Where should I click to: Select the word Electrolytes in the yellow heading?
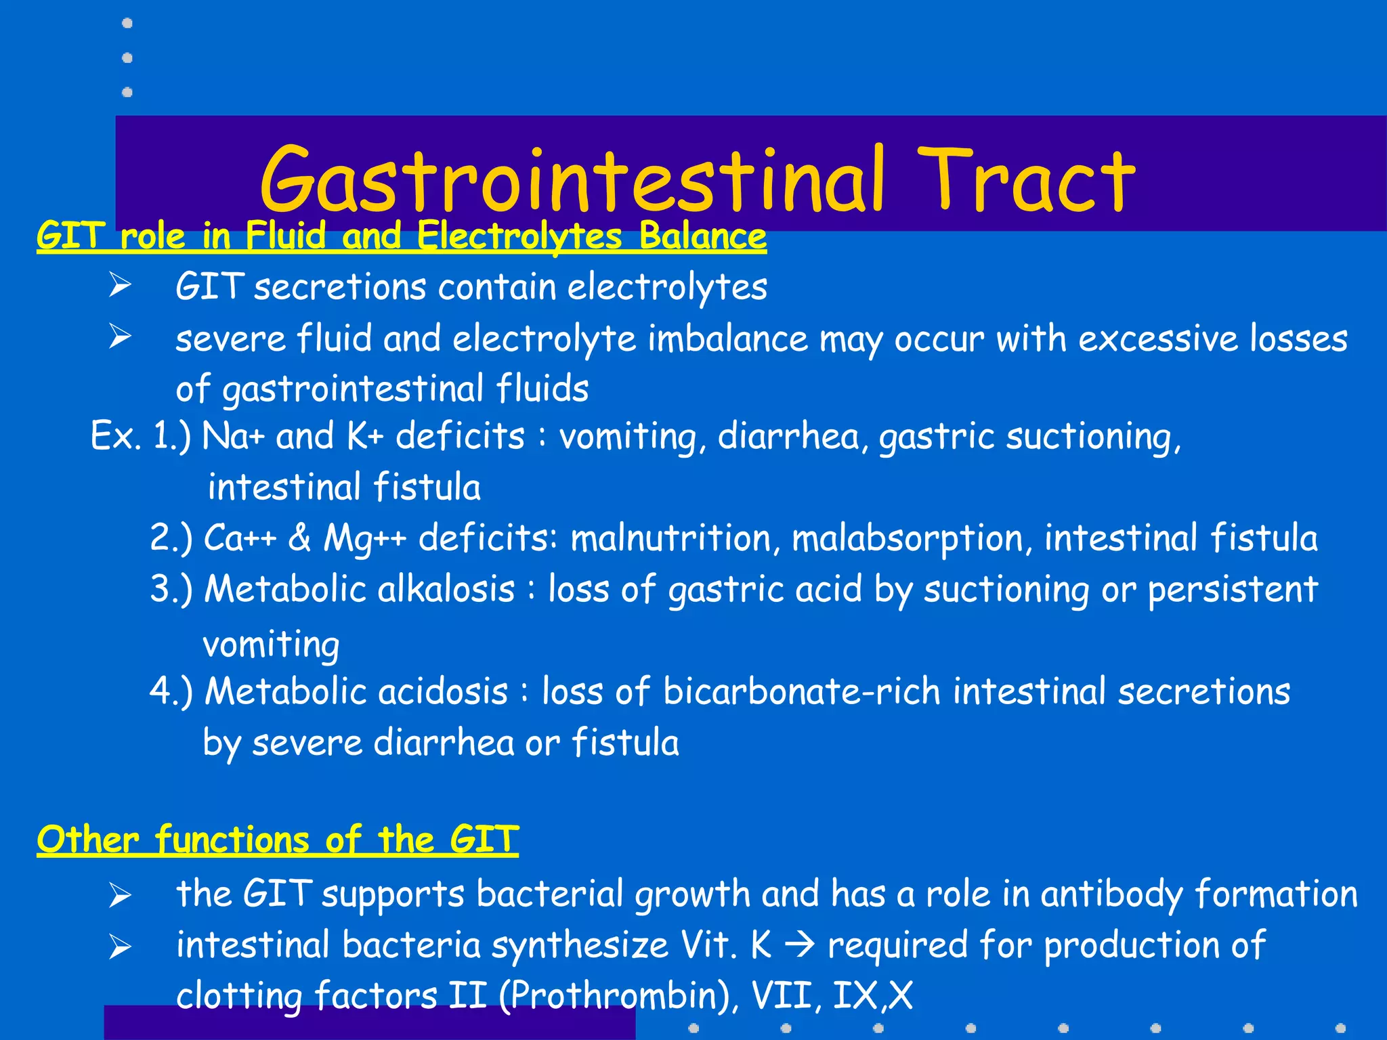click(x=519, y=236)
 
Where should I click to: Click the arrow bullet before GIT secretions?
click(x=120, y=286)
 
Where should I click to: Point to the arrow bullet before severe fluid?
click(x=120, y=337)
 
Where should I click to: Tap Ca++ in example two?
click(x=240, y=538)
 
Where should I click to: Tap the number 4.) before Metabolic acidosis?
click(x=171, y=691)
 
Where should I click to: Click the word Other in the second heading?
click(x=88, y=840)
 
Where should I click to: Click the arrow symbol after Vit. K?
click(x=803, y=945)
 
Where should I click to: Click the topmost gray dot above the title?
click(x=127, y=24)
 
